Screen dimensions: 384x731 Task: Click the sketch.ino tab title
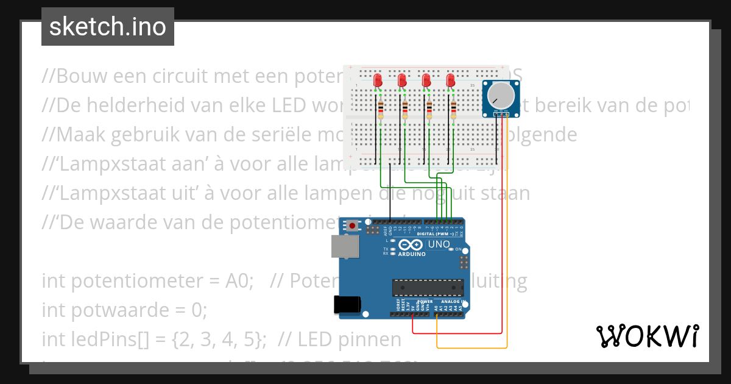(x=107, y=27)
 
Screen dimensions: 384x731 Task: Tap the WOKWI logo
(x=647, y=336)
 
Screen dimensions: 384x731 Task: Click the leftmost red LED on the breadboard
(x=378, y=80)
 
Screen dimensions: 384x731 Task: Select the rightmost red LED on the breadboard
(x=451, y=80)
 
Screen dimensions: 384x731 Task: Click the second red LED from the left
(x=402, y=80)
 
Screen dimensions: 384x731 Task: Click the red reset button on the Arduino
(x=353, y=226)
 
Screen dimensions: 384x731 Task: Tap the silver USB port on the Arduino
(x=345, y=246)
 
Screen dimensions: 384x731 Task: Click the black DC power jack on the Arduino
(x=348, y=305)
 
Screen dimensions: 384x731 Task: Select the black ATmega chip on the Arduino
(x=427, y=287)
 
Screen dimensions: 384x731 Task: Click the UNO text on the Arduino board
(x=439, y=244)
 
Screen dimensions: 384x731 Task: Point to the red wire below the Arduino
(x=457, y=333)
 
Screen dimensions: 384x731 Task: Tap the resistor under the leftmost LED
(x=381, y=110)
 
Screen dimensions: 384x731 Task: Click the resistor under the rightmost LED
(x=454, y=110)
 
